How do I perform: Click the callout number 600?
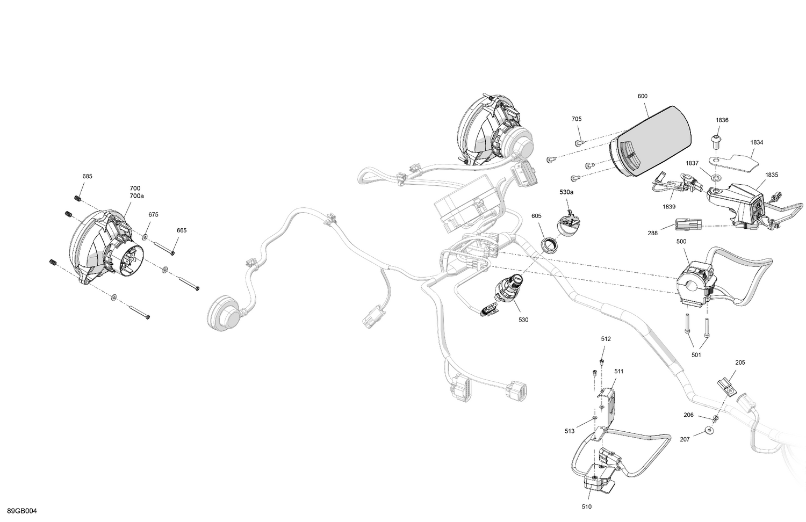click(642, 96)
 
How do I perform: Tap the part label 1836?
click(722, 120)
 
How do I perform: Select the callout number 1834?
click(757, 142)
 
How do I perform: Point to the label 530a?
click(566, 192)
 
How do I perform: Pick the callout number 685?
click(87, 176)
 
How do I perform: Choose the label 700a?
click(136, 196)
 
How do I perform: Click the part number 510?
click(586, 506)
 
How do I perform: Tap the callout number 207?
click(685, 439)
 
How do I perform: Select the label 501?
click(696, 354)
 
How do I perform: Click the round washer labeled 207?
click(710, 431)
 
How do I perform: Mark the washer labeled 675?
click(146, 236)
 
